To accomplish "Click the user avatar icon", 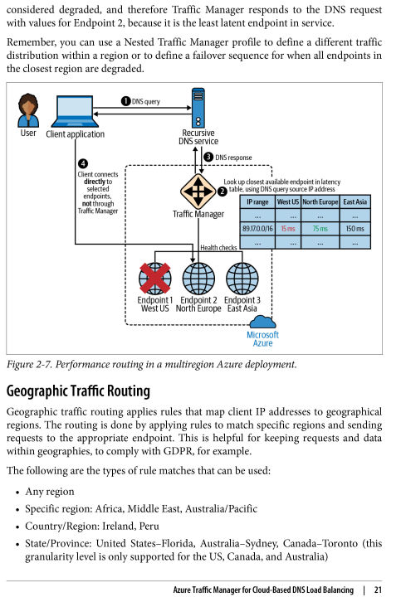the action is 28,110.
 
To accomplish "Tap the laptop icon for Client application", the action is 75,111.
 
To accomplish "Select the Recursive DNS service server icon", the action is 198,108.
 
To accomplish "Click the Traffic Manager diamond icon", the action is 198,192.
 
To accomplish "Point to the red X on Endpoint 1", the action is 154,278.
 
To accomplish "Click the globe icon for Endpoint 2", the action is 198,279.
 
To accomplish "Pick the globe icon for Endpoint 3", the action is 242,279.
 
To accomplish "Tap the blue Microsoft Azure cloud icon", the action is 262,322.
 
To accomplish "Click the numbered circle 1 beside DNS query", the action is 126,101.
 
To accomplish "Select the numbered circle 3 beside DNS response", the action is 208,157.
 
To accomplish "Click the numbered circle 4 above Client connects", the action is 83,163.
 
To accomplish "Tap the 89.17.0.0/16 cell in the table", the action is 257,229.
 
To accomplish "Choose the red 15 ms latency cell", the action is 288,229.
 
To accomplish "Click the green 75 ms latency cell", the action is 320,229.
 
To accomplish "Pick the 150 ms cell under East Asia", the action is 355,229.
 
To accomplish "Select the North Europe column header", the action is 320,201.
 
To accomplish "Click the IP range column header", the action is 257,201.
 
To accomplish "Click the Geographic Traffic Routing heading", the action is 78,391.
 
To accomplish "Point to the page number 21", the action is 378,590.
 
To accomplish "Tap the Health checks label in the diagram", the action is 218,247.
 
